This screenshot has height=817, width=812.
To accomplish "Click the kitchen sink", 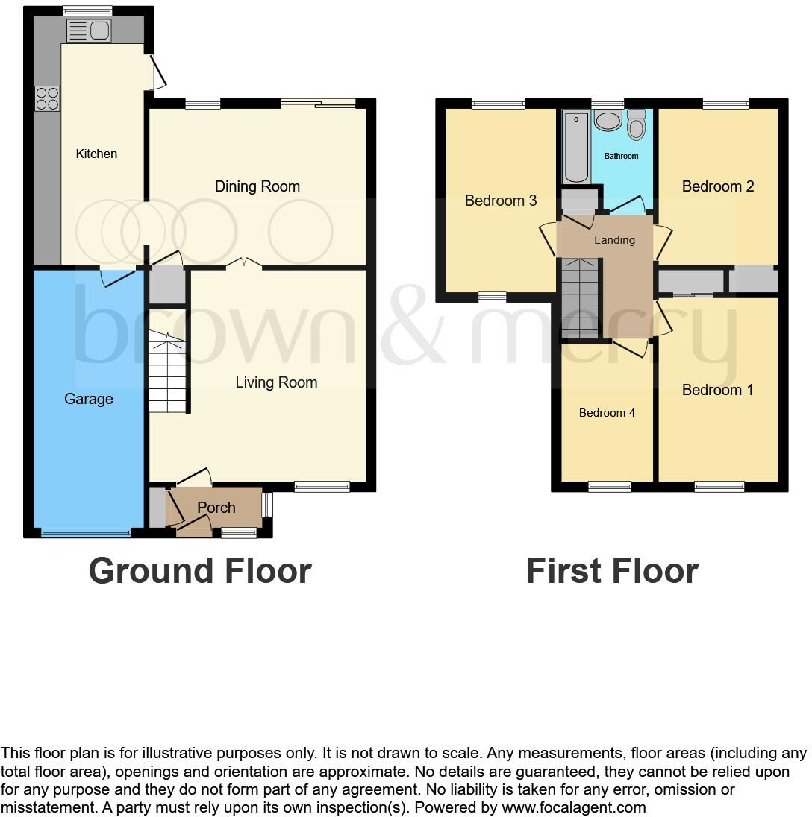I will (89, 31).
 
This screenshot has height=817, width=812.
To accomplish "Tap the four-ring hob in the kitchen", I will (47, 99).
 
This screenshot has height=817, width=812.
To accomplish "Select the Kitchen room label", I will (97, 154).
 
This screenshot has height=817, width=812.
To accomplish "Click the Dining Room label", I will (257, 186).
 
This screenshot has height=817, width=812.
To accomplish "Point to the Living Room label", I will (276, 382).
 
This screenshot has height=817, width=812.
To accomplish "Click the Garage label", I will (89, 399).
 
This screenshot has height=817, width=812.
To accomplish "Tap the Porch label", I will (216, 508).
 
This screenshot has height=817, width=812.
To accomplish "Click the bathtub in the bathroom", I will (576, 147).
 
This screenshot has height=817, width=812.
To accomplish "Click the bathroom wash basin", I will (608, 122).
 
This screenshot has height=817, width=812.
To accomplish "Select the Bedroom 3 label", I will (501, 201).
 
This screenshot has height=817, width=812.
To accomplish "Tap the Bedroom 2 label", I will (718, 186).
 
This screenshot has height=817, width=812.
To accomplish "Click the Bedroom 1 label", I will (718, 390).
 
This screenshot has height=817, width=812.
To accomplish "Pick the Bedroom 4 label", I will (608, 412).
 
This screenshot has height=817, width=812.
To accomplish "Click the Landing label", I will (614, 240).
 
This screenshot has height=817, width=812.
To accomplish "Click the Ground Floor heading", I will (200, 571).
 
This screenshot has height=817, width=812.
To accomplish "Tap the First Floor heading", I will (612, 571).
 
